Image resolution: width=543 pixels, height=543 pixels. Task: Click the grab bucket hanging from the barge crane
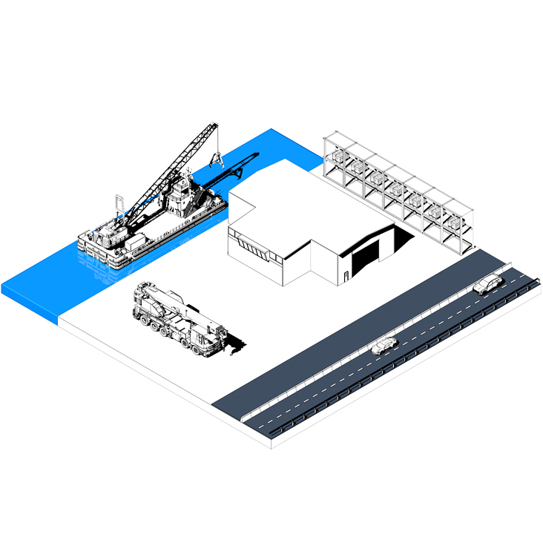click(217, 158)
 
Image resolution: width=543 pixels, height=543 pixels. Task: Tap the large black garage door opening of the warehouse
click(364, 260)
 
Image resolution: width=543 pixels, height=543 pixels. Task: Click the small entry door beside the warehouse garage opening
click(346, 279)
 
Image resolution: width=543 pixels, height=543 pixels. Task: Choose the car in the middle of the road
click(384, 346)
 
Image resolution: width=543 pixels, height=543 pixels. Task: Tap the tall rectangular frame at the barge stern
click(119, 205)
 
